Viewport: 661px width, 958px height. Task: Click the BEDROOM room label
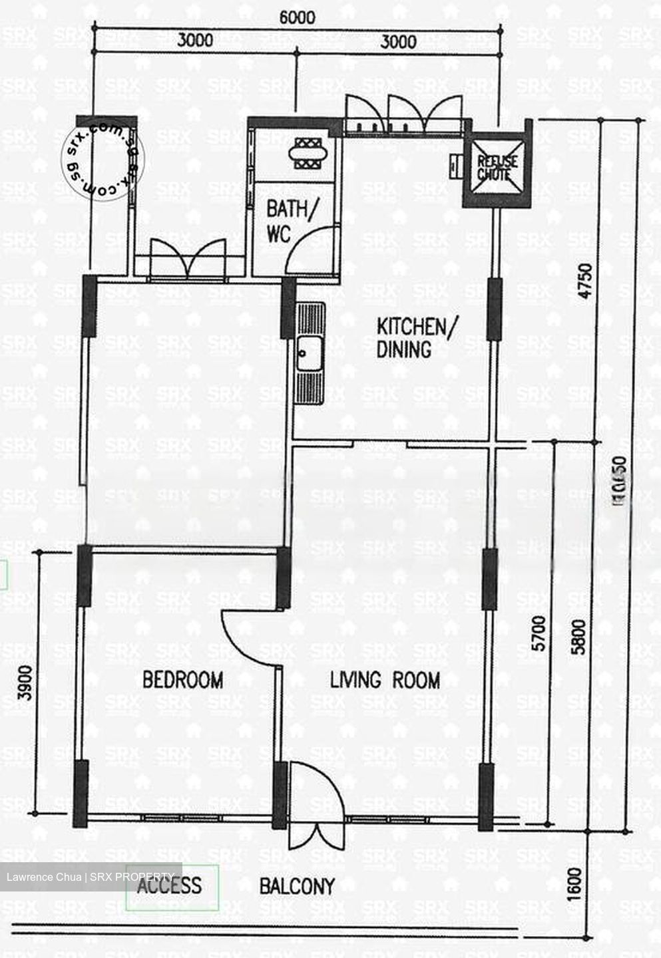tap(183, 680)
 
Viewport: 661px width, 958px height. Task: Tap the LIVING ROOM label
tap(385, 680)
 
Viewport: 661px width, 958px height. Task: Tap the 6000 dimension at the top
tap(297, 18)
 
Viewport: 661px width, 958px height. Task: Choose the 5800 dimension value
tap(579, 637)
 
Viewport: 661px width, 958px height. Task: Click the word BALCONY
tap(297, 886)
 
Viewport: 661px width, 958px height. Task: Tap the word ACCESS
tap(169, 885)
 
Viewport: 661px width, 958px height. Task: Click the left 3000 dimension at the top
tap(195, 41)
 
